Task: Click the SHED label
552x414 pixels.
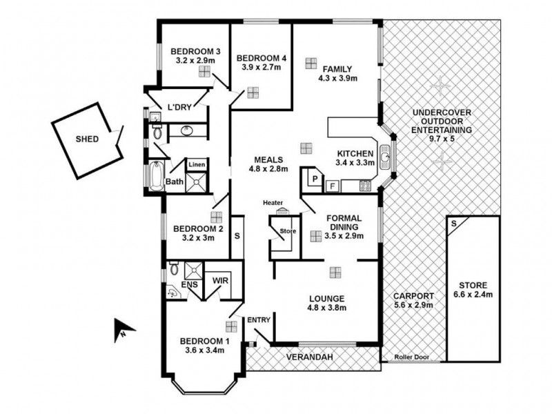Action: (88, 139)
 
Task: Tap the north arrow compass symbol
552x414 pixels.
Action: (119, 330)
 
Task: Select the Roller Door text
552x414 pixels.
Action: (412, 357)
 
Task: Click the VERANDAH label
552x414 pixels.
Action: (310, 357)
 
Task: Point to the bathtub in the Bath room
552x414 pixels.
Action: (157, 175)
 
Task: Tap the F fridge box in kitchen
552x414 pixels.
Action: (332, 185)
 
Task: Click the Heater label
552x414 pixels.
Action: (273, 203)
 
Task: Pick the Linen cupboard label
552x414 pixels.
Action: (197, 165)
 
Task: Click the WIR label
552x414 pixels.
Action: (220, 281)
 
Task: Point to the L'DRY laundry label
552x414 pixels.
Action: (179, 107)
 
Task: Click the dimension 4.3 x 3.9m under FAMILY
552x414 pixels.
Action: (338, 79)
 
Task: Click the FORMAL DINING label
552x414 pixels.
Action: (343, 225)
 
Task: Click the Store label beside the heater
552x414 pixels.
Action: (288, 231)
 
